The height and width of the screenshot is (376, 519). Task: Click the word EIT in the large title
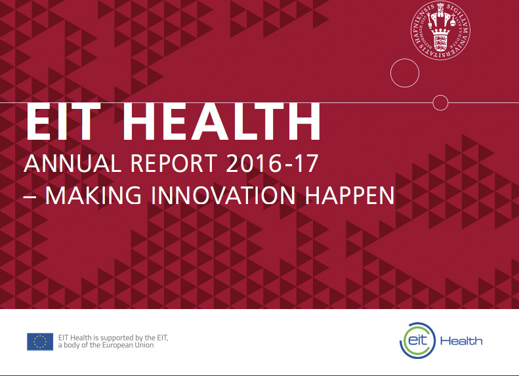[x=63, y=121]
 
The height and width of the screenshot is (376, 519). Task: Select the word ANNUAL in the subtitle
[x=72, y=163]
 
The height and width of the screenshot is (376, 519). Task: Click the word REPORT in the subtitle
[x=174, y=163]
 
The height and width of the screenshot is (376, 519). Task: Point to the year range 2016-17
[x=272, y=163]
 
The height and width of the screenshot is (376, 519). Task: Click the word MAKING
[x=93, y=196]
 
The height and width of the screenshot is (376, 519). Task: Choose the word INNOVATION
[x=223, y=196]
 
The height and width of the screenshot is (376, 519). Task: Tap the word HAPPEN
[x=350, y=196]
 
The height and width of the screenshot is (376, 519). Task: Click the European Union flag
[x=40, y=342]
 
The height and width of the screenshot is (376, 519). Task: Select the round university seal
[x=440, y=30]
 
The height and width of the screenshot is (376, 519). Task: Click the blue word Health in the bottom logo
[x=461, y=341]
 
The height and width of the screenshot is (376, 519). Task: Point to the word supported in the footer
[x=116, y=338]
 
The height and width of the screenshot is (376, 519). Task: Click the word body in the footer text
[x=71, y=345]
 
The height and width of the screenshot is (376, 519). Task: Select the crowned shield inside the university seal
[x=440, y=39]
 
